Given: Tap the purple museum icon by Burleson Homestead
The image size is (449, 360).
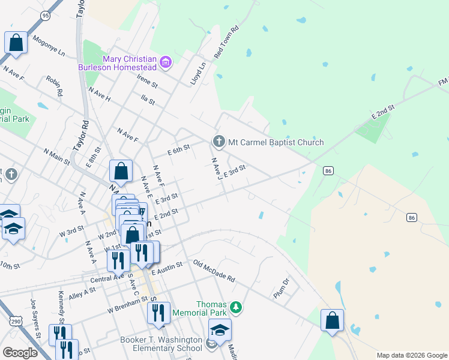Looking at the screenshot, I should [166, 61].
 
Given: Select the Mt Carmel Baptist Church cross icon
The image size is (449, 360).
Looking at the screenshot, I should [219, 142].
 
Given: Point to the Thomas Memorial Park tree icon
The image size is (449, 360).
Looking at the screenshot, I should [237, 308].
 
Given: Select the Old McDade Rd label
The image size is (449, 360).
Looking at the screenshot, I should [214, 272].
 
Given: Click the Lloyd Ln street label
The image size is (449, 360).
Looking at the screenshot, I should [198, 71].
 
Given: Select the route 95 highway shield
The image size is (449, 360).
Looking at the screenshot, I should [45, 14].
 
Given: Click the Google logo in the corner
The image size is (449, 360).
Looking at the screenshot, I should [20, 353].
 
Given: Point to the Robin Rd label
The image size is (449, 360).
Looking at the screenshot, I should [55, 87].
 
